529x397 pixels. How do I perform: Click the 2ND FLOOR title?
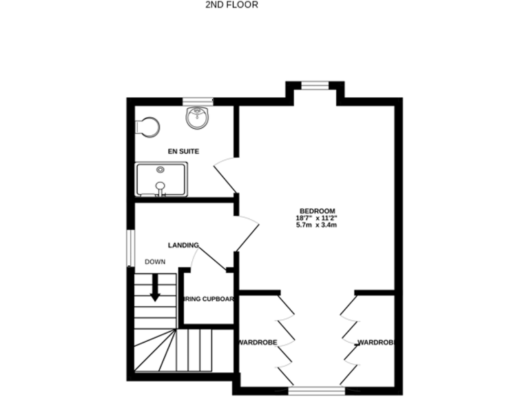point(231,5)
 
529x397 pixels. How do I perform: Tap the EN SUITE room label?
point(184,150)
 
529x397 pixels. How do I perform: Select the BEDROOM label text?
point(317,211)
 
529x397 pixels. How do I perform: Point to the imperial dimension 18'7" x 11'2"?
point(317,218)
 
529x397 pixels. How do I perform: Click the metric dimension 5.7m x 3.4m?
point(317,225)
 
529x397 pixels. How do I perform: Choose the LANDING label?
point(184,245)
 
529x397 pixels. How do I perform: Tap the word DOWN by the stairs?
point(155,262)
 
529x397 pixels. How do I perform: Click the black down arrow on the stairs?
point(155,287)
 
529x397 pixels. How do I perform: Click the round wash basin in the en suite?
point(198,118)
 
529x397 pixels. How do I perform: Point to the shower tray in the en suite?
point(161,180)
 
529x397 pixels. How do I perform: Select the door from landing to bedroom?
point(247,233)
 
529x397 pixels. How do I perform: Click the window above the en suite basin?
point(202,102)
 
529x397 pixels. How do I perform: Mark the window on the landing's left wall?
point(129,247)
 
